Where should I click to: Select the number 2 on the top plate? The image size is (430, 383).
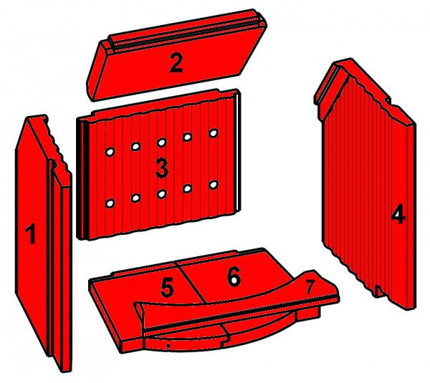pyautogui.click(x=176, y=64)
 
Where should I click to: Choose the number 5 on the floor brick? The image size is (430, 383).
pyautogui.click(x=167, y=288)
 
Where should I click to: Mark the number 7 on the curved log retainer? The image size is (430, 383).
pyautogui.click(x=310, y=288)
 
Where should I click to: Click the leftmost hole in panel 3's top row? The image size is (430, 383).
pyautogui.click(x=110, y=152)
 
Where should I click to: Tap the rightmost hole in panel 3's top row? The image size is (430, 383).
pyautogui.click(x=214, y=133)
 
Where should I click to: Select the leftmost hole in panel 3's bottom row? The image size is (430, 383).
pyautogui.click(x=110, y=203)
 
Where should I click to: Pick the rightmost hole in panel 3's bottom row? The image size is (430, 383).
pyautogui.click(x=214, y=185)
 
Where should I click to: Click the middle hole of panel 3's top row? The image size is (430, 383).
pyautogui.click(x=162, y=142)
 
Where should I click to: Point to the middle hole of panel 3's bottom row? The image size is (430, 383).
pyautogui.click(x=162, y=194)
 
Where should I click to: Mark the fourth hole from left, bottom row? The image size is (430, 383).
pyautogui.click(x=188, y=189)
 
